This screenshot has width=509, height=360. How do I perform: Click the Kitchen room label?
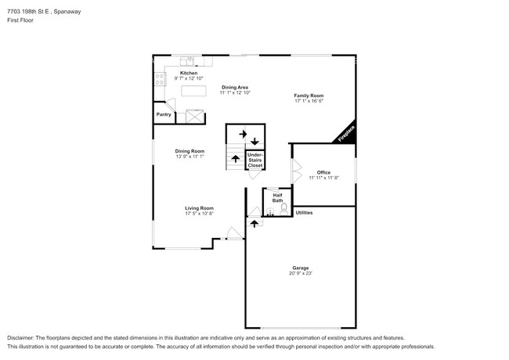click(x=189, y=73)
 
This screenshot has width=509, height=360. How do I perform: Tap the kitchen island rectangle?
click(x=193, y=91)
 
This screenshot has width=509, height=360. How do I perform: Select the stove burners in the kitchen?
click(x=160, y=79)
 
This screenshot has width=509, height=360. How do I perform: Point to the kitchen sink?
click(x=187, y=61)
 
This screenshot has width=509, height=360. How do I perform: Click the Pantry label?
click(x=164, y=114)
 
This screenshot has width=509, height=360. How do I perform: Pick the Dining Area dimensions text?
click(x=235, y=93)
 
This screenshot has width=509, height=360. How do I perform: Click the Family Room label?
click(x=309, y=95)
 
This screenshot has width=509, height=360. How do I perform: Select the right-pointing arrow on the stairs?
click(x=243, y=134)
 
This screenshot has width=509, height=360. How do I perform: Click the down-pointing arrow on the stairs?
click(x=254, y=142)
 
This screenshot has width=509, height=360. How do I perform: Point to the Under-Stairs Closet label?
click(x=255, y=160)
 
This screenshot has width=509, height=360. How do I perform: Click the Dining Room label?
click(x=190, y=151)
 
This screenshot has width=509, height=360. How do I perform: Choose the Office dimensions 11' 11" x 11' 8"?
click(x=323, y=178)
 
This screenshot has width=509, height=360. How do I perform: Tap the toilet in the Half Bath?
click(x=284, y=209)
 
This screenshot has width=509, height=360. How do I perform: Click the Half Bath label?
click(x=277, y=198)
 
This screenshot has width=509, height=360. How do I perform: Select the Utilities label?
click(x=304, y=213)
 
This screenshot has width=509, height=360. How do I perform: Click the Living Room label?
click(x=200, y=208)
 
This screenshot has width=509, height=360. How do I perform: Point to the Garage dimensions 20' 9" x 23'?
click(x=301, y=273)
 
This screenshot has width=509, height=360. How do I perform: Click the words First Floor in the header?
click(x=20, y=20)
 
